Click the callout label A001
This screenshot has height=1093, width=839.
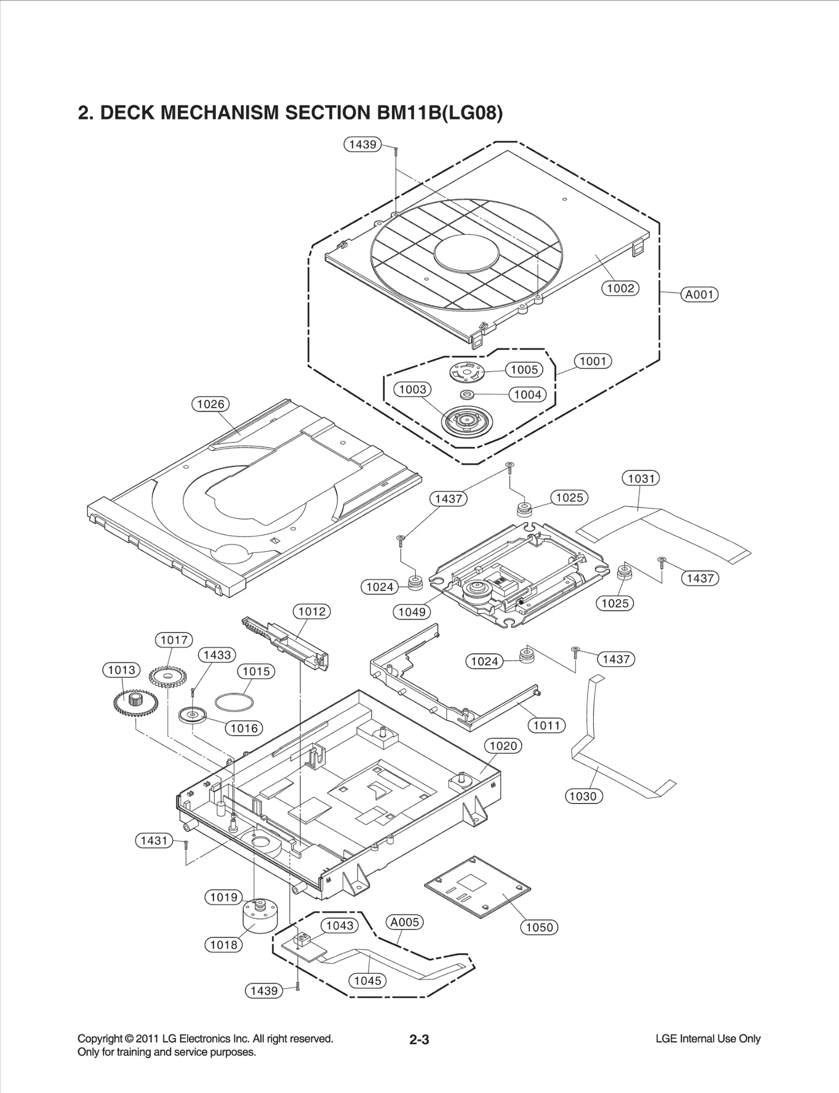[x=700, y=294]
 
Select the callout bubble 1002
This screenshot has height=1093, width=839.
[x=620, y=288]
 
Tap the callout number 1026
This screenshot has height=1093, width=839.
[x=210, y=404]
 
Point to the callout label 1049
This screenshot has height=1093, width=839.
[x=412, y=612]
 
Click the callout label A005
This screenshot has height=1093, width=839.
[x=405, y=921]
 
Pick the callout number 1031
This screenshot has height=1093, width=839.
[x=641, y=478]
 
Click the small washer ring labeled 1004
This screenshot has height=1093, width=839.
[x=467, y=394]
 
